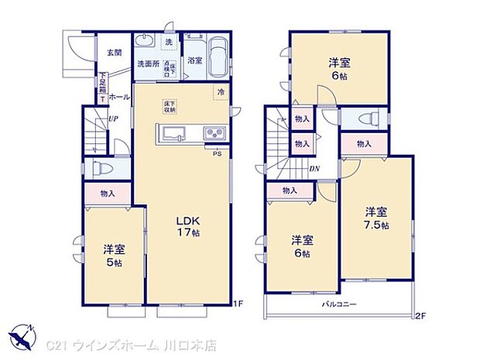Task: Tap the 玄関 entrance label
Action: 114,53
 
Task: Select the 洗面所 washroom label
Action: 148,64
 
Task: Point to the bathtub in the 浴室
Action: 218,56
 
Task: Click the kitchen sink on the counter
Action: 171,132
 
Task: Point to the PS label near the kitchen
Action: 218,152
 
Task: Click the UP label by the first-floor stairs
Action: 114,119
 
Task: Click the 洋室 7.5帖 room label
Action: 377,217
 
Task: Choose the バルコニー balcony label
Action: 339,304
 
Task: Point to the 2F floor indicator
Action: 420,314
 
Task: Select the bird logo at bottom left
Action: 22,338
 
